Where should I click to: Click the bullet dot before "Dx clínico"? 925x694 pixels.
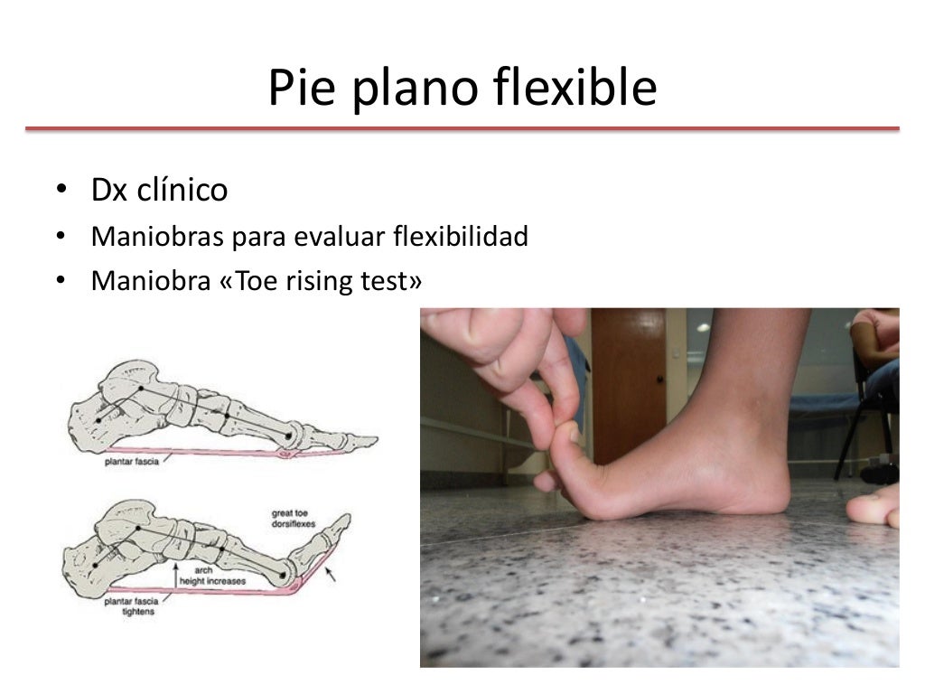coord(60,192)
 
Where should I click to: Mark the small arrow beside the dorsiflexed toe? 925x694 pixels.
coord(331,573)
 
